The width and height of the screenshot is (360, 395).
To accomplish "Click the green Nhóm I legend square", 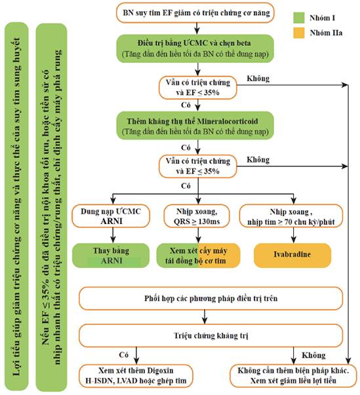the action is point(299,18).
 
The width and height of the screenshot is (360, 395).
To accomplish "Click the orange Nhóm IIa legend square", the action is point(299,33).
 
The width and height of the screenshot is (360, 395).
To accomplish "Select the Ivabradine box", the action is point(292,255).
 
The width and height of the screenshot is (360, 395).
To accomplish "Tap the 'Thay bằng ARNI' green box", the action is point(111,255).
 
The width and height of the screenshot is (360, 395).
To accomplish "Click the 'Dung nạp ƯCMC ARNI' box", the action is point(111,216).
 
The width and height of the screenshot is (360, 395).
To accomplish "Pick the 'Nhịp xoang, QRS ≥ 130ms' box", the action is point(197,216).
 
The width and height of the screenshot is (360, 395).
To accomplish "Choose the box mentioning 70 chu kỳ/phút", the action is point(291,216).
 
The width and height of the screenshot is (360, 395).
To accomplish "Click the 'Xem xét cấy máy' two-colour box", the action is point(199,255).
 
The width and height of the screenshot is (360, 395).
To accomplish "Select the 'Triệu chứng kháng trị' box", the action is point(211,335).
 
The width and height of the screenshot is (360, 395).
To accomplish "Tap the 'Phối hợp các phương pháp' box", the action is point(211,298).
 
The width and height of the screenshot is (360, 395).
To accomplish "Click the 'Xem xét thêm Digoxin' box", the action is point(136,375).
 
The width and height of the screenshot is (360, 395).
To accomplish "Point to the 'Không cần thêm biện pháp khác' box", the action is point(293,375).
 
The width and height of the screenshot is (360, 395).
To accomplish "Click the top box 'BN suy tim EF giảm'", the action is point(195,13).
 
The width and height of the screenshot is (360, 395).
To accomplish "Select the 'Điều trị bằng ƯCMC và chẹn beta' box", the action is point(195,48).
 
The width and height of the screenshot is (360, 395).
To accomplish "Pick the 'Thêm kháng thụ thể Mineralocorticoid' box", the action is point(195,126).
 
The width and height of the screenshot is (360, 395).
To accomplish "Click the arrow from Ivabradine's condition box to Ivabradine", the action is point(294,235).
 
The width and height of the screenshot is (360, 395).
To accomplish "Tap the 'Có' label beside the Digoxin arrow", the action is point(124,355).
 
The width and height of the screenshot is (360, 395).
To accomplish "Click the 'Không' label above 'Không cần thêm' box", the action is point(314,355).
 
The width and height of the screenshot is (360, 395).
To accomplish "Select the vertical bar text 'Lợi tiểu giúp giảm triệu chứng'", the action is point(16,206).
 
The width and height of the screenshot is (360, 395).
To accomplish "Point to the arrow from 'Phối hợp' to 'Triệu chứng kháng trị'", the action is point(205,317).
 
